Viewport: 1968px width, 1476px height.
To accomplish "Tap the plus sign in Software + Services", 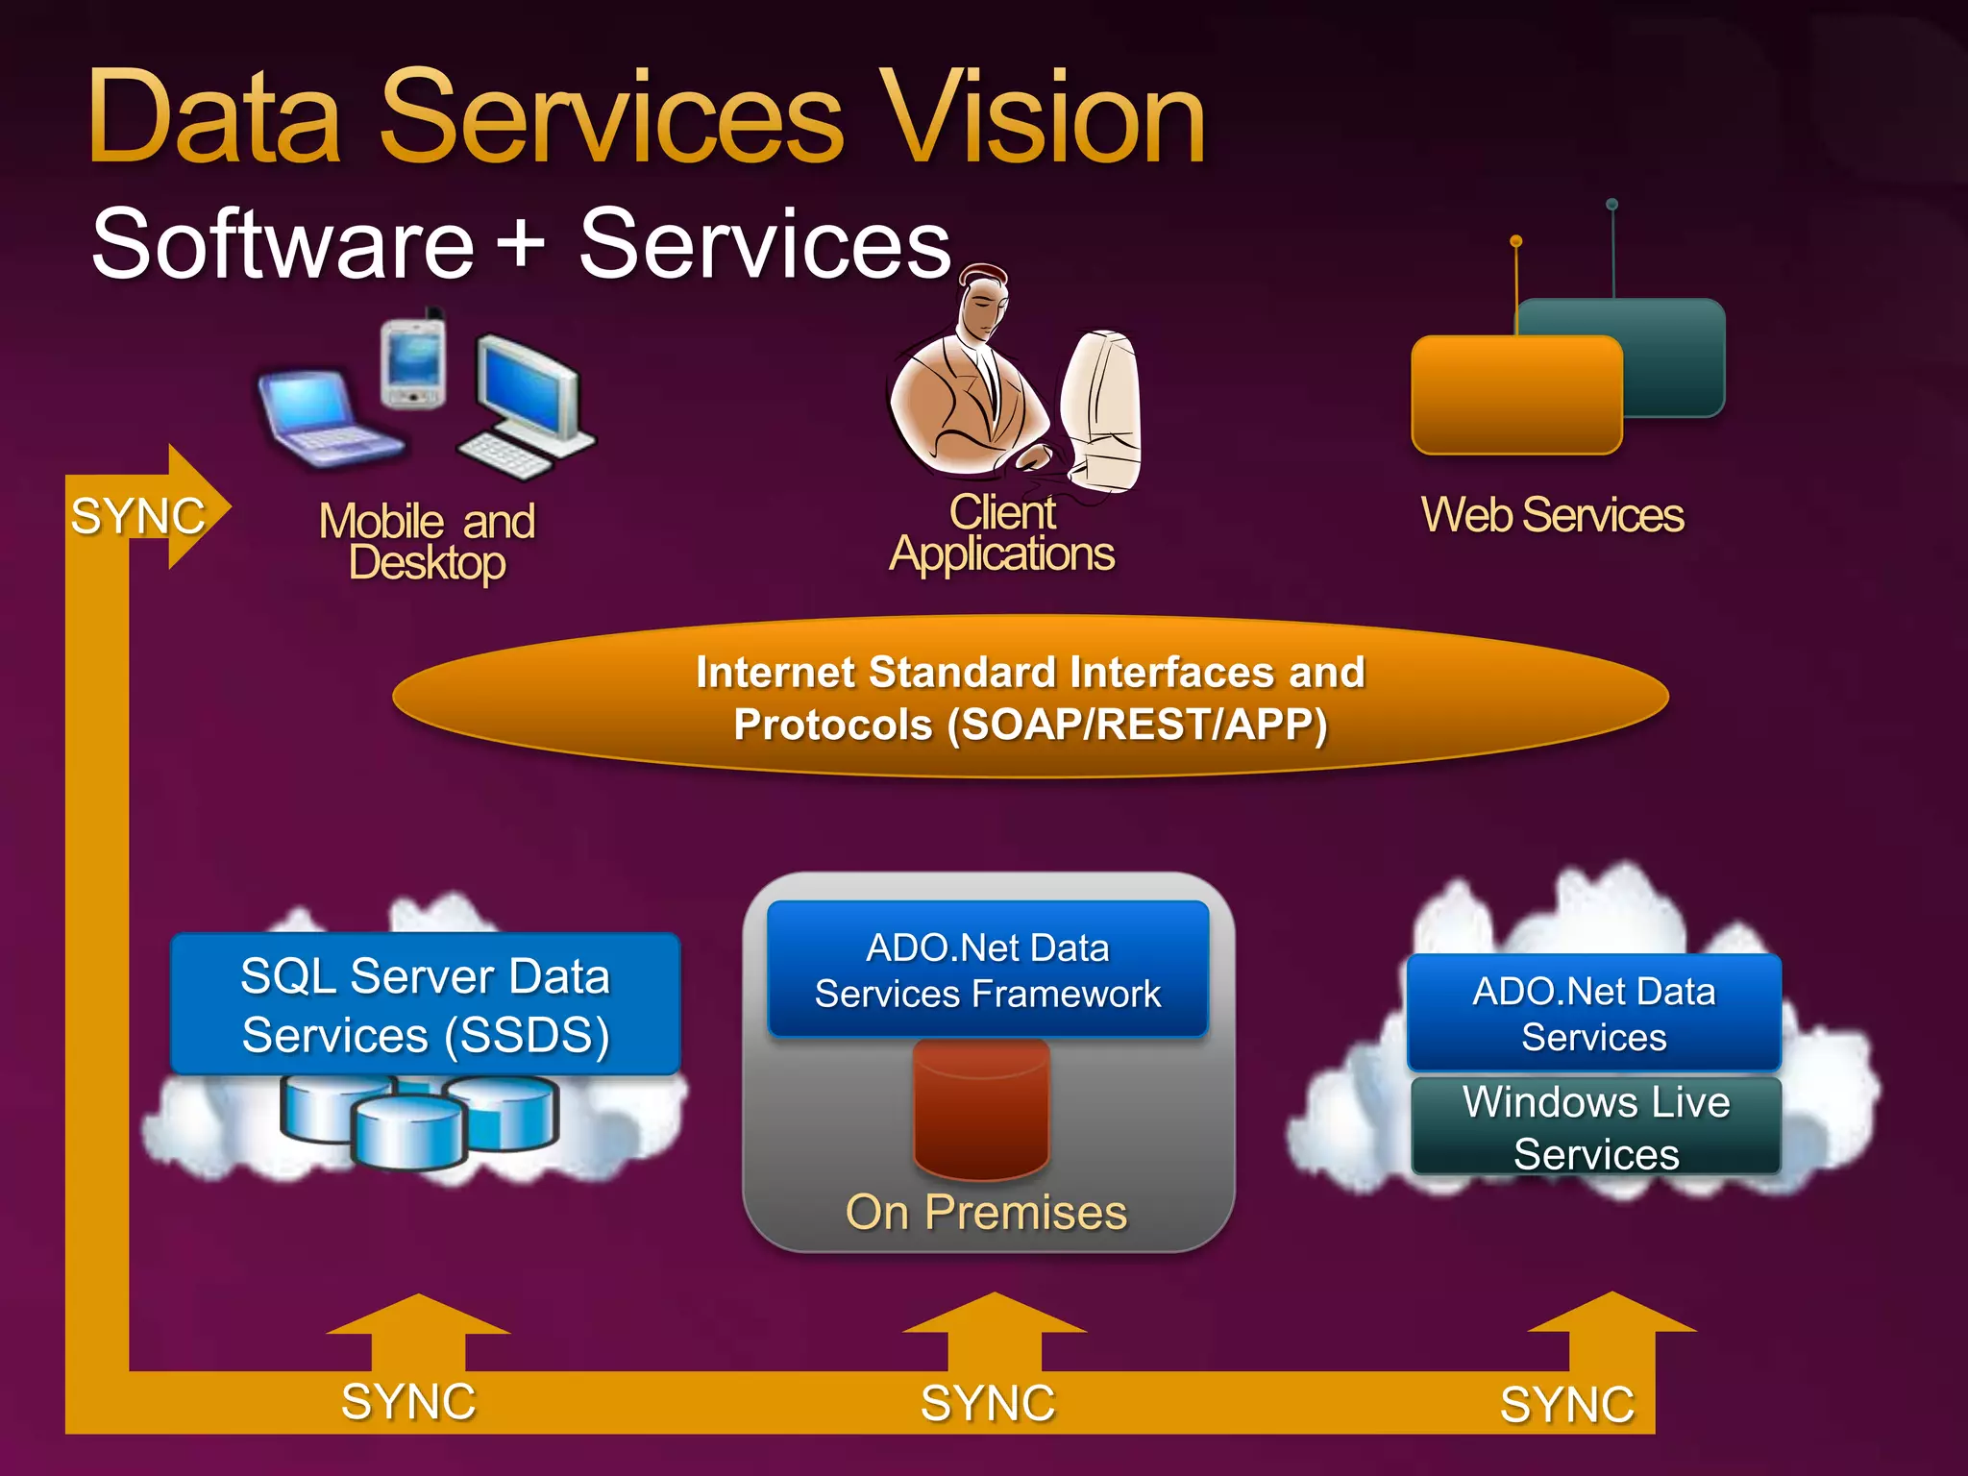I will [x=522, y=243].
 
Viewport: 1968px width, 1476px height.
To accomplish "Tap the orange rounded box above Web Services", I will [x=1515, y=394].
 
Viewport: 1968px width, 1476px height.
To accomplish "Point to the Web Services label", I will [x=1552, y=515].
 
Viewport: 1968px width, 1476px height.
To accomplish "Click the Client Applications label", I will [x=1001, y=533].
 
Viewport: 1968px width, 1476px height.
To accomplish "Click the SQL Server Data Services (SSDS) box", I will [x=425, y=1004].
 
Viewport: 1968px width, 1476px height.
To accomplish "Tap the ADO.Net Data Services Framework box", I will [x=987, y=970].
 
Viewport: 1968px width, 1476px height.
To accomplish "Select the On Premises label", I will [x=986, y=1212].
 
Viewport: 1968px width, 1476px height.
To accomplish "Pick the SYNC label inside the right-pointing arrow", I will [x=137, y=516].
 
